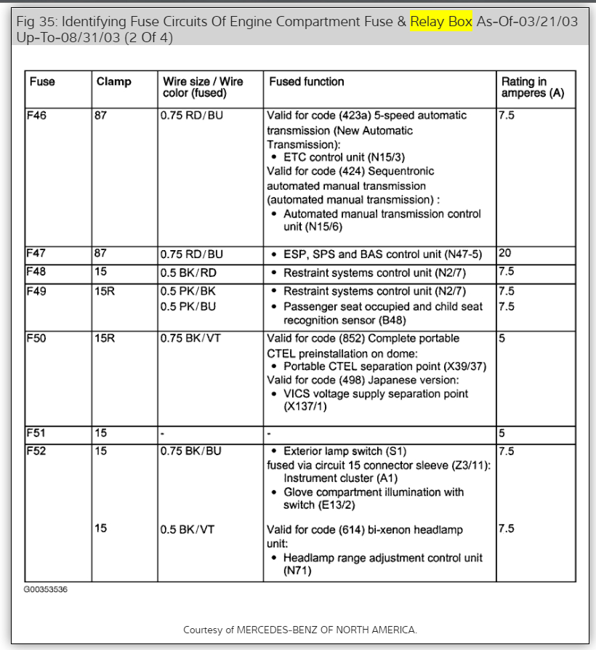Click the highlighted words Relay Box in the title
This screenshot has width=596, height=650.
tap(441, 22)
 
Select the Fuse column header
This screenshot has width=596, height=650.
tap(42, 82)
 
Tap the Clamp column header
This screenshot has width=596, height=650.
tap(113, 82)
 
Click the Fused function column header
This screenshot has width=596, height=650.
tap(306, 82)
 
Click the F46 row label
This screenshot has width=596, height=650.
tap(36, 115)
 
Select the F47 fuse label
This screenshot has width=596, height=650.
tap(36, 254)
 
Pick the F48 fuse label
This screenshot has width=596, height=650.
tap(36, 271)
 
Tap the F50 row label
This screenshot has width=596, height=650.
tap(36, 338)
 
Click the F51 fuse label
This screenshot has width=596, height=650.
tap(36, 433)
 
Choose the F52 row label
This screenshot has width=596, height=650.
tap(36, 451)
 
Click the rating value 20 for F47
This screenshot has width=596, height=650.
tap(505, 254)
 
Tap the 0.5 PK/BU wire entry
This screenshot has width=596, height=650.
tap(188, 307)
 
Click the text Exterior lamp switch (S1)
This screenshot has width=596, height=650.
tap(345, 452)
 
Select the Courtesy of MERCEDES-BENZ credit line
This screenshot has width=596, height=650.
tap(300, 630)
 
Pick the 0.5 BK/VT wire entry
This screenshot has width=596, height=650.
tap(188, 530)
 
